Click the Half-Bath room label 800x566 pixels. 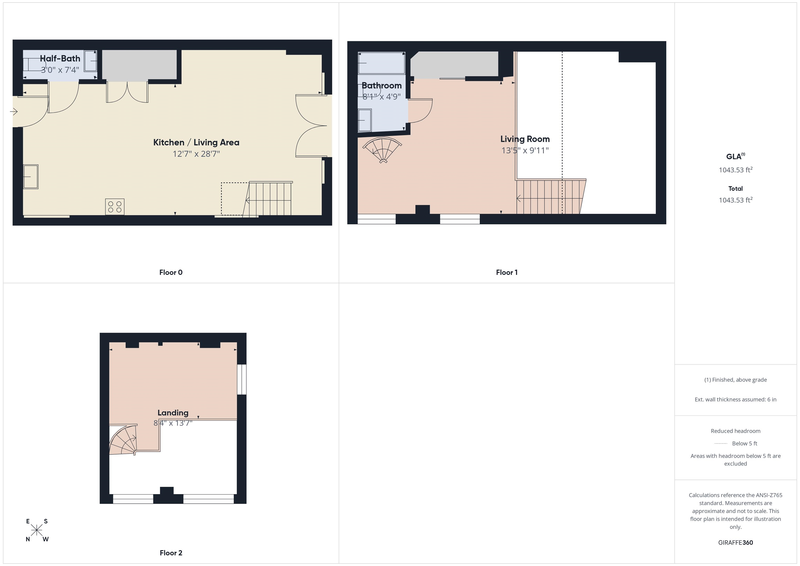tap(60, 59)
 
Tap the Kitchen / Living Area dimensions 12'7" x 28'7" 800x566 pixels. tap(196, 154)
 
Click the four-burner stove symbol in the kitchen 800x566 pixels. tap(115, 207)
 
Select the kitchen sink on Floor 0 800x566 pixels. tap(31, 177)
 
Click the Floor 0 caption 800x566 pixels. tap(171, 272)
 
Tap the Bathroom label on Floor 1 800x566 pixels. tap(382, 85)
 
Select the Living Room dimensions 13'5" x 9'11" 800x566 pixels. tap(525, 151)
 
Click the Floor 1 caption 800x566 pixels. tap(507, 272)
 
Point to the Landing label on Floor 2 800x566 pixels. tap(173, 413)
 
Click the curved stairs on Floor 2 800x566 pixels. tap(123, 441)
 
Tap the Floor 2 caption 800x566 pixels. tap(171, 553)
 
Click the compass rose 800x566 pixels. tap(36, 530)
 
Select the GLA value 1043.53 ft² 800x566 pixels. tap(735, 170)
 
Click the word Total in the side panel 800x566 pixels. tap(735, 189)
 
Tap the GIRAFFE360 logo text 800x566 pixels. tap(735, 543)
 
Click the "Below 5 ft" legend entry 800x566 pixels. tap(744, 443)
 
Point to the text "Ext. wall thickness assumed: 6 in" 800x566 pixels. tap(735, 399)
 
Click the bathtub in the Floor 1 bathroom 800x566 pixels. tap(382, 63)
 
